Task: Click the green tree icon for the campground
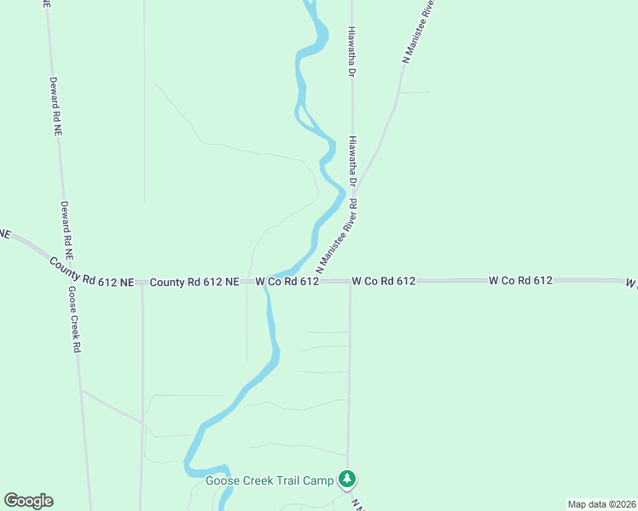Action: pyautogui.click(x=346, y=479)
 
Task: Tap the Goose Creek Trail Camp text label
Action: pyautogui.click(x=270, y=481)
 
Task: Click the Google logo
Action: pyautogui.click(x=28, y=501)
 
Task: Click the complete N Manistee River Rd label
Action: pyautogui.click(x=336, y=237)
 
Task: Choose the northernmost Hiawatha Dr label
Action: pyautogui.click(x=351, y=50)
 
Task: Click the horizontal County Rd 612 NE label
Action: pyautogui.click(x=194, y=281)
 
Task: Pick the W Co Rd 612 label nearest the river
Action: pyautogui.click(x=287, y=281)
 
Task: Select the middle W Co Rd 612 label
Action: pyautogui.click(x=383, y=280)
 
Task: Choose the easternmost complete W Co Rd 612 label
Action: pyautogui.click(x=521, y=279)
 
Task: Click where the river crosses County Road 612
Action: pyautogui.click(x=266, y=282)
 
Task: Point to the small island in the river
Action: pyautogui.click(x=304, y=113)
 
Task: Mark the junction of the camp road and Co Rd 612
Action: pyautogui.click(x=349, y=281)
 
